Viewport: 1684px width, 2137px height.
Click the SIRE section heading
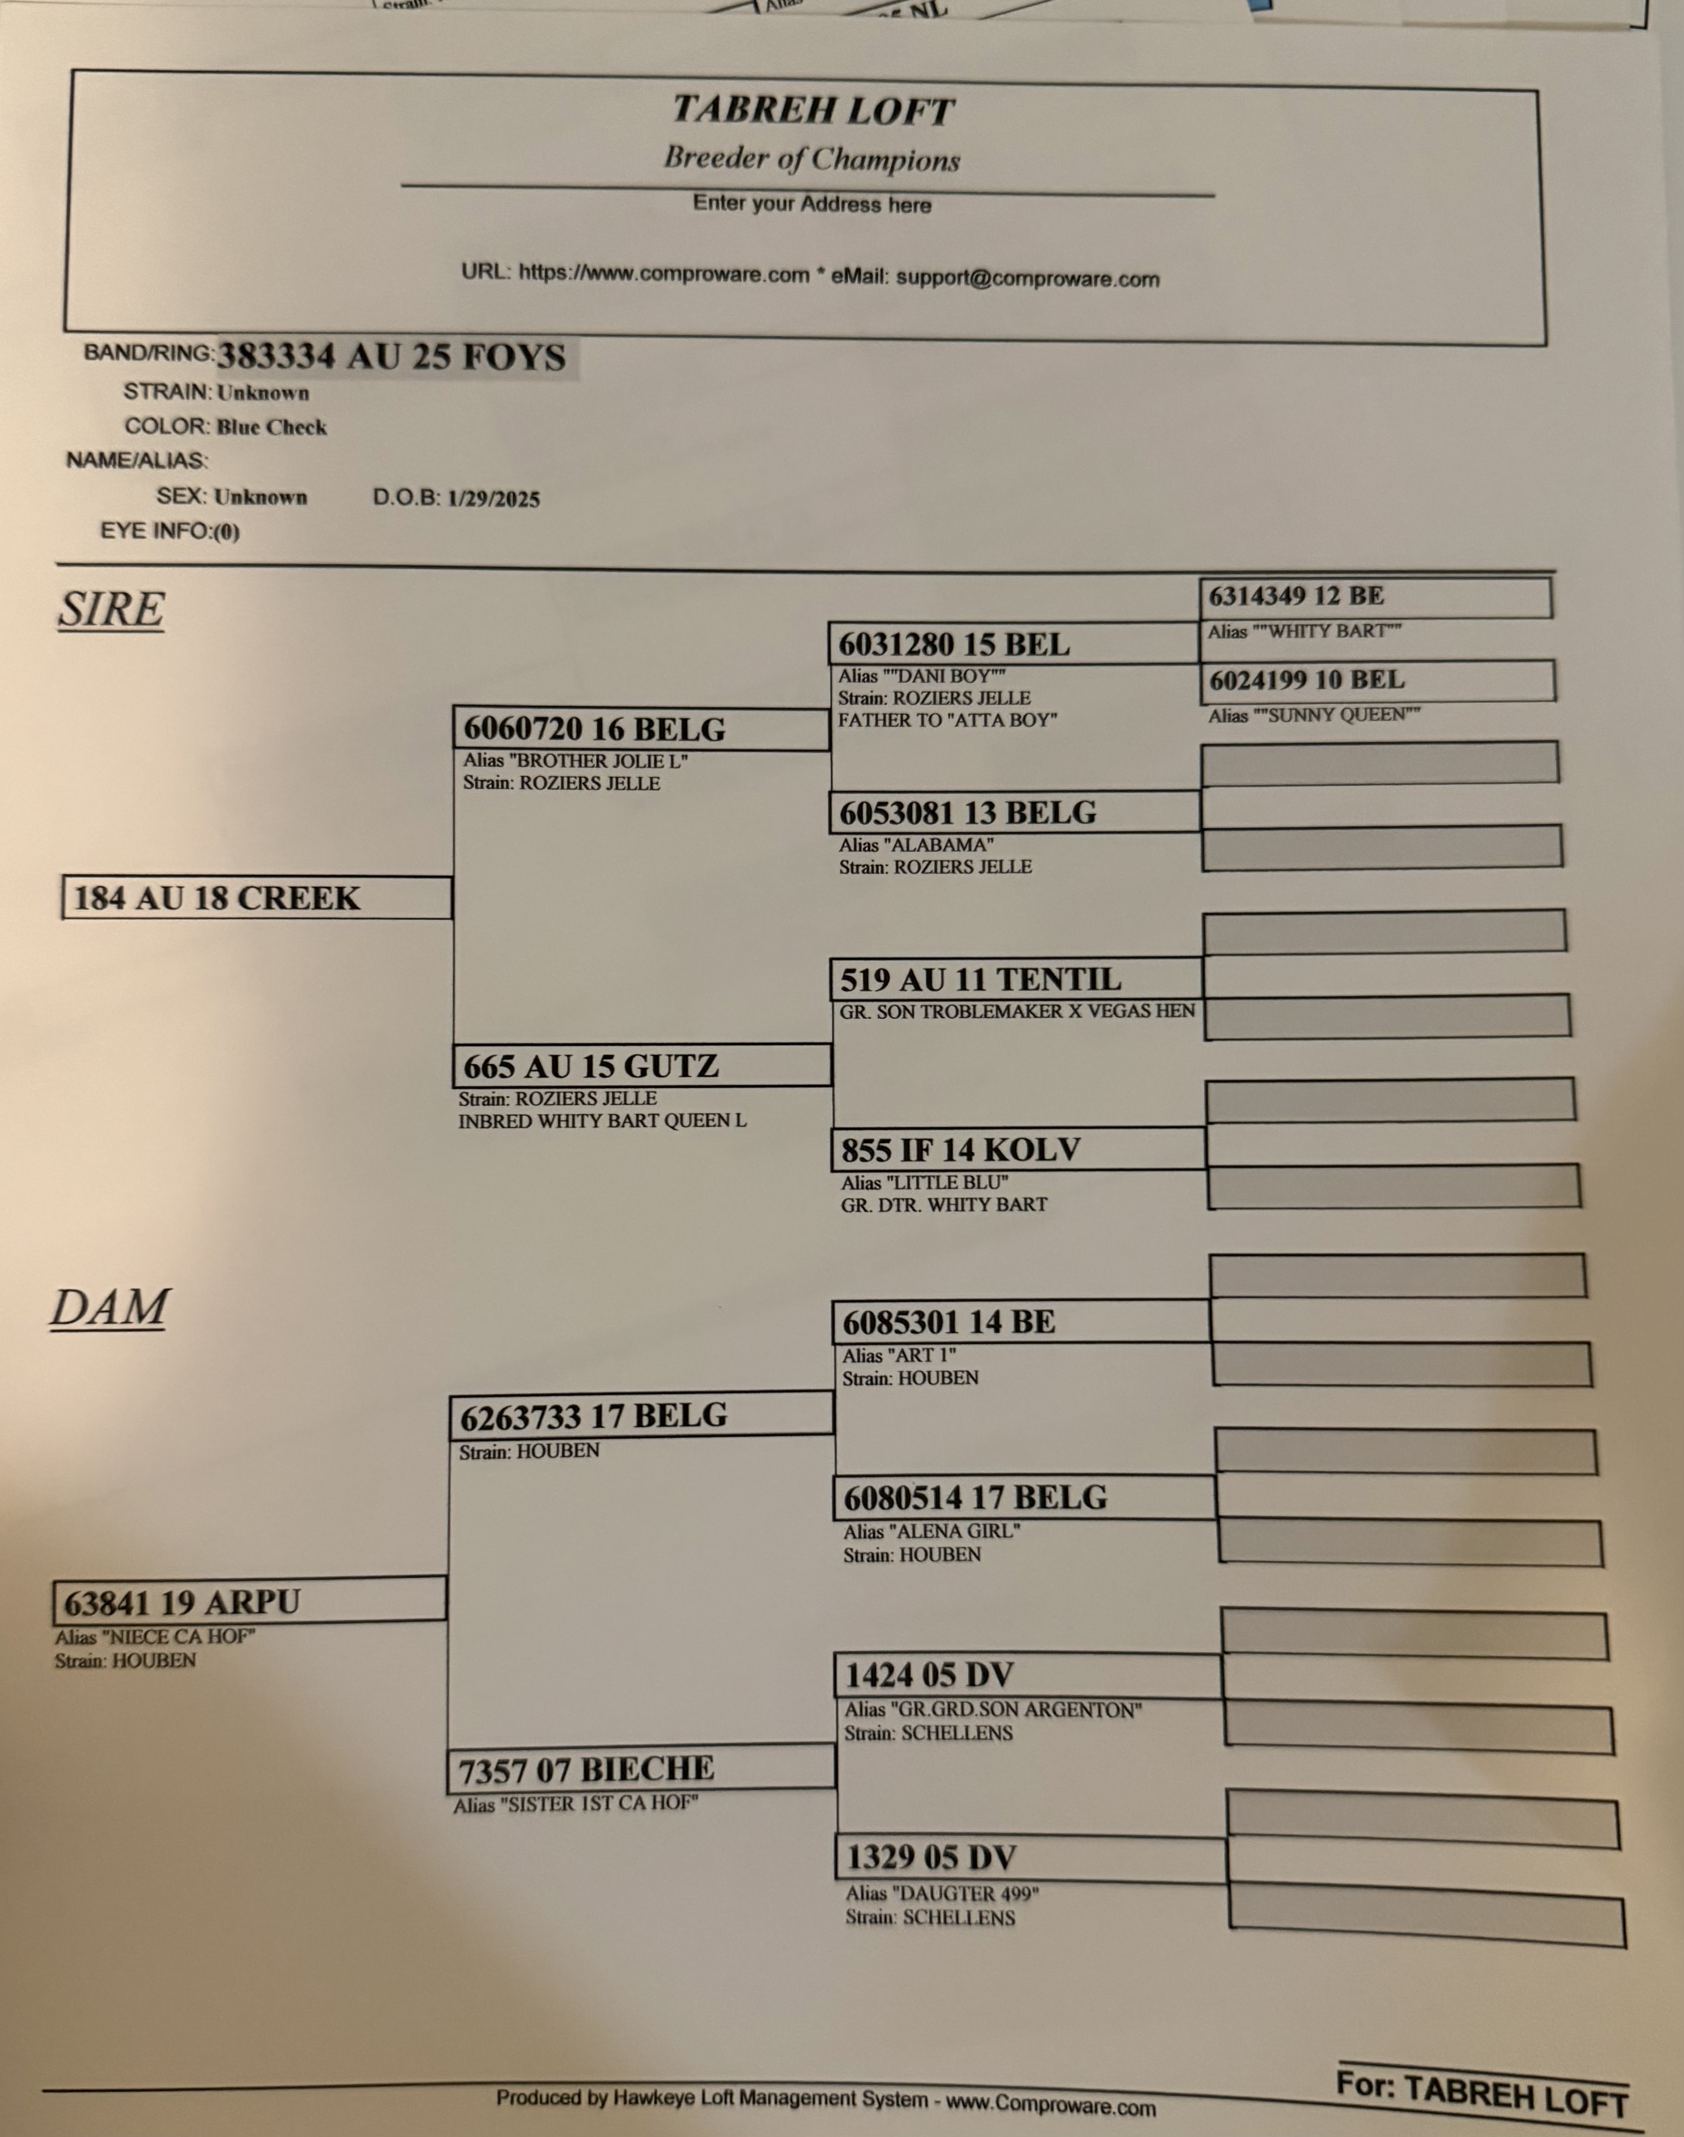[110, 608]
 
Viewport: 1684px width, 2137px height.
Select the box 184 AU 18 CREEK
[257, 897]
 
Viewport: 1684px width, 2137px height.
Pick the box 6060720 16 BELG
[641, 729]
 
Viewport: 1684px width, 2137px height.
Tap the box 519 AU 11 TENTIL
[1015, 979]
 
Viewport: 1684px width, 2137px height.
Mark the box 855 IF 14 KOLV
[1019, 1149]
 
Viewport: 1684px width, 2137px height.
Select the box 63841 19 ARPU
[250, 1602]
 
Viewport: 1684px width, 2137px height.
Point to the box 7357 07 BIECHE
[641, 1769]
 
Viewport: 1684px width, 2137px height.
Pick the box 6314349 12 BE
[1375, 597]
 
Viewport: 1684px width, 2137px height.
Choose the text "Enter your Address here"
[812, 204]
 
